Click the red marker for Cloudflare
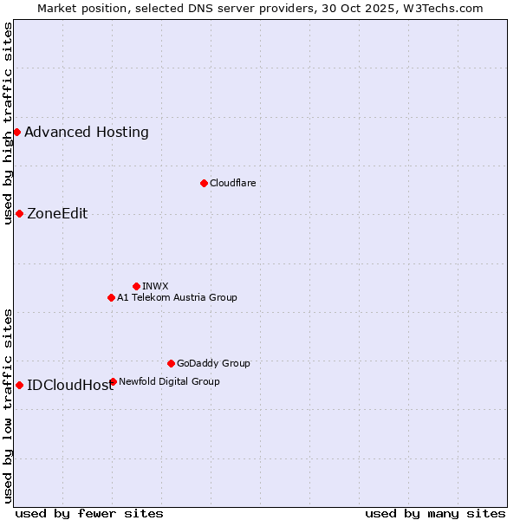pos(204,183)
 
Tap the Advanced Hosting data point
pos(16,132)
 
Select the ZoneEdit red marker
pos(19,213)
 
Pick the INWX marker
pos(136,286)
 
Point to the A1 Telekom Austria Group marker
pos(111,297)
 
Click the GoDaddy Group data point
pos(171,363)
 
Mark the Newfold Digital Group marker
pos(113,381)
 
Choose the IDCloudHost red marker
pos(19,385)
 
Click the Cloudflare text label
pos(232,183)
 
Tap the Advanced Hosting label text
pos(87,132)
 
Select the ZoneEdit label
pos(57,213)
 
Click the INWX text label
pos(155,286)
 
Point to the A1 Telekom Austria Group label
pos(177,297)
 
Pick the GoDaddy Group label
pos(213,363)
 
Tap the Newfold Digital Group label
pos(169,381)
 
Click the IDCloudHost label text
pos(70,386)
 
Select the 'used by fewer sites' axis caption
pos(89,513)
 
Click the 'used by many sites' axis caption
pos(435,513)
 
